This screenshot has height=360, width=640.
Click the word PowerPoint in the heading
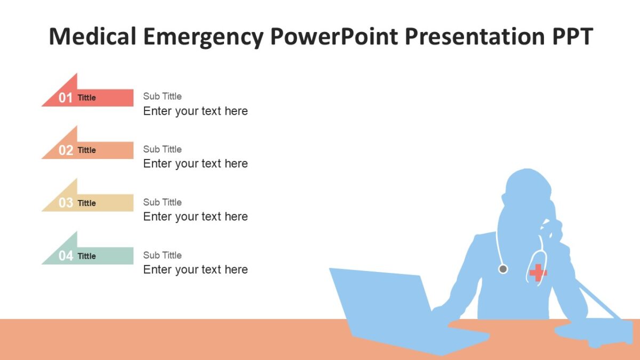coord(333,36)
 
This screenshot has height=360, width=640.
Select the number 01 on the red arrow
coord(66,98)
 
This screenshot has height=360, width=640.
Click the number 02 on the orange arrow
coord(66,150)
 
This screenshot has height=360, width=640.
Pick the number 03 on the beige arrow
coord(66,203)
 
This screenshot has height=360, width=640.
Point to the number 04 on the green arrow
coord(66,256)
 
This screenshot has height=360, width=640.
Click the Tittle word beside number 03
coord(86,203)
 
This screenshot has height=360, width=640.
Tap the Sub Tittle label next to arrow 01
coord(162,96)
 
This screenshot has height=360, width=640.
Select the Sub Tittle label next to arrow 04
coord(162,255)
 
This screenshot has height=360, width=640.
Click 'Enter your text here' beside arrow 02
coord(195,164)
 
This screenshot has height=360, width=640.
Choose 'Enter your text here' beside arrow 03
coord(195,217)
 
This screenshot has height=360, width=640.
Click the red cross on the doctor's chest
coord(538,273)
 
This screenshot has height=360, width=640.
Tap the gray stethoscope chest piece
coord(503,269)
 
